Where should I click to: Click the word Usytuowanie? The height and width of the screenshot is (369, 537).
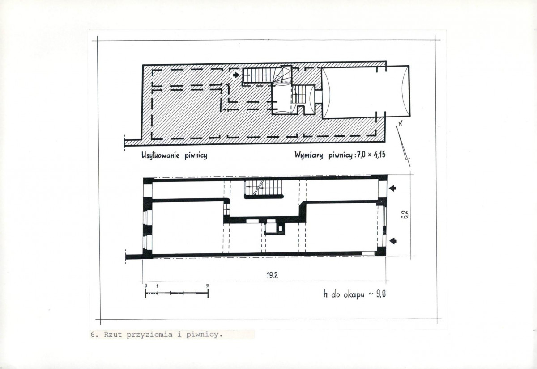pyautogui.click(x=160, y=155)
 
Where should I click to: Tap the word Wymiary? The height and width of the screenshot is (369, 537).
pyautogui.click(x=308, y=155)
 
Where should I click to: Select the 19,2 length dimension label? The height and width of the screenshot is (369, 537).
pyautogui.click(x=272, y=275)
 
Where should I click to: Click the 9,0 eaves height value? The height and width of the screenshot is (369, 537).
pyautogui.click(x=381, y=294)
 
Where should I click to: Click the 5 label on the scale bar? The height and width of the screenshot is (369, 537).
pyautogui.click(x=207, y=286)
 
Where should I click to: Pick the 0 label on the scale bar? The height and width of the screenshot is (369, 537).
pyautogui.click(x=145, y=286)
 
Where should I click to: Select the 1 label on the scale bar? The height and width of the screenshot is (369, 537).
pyautogui.click(x=158, y=286)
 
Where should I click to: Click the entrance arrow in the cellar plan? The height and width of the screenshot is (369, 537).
pyautogui.click(x=236, y=75)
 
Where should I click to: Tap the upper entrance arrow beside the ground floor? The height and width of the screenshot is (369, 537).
pyautogui.click(x=392, y=189)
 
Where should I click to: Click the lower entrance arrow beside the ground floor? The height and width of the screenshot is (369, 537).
pyautogui.click(x=392, y=241)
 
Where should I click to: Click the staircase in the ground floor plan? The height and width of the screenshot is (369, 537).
pyautogui.click(x=264, y=189)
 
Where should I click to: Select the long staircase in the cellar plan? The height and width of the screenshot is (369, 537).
pyautogui.click(x=261, y=75)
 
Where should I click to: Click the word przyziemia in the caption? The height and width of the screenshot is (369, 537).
pyautogui.click(x=149, y=335)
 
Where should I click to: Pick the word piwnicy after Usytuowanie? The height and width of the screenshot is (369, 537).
pyautogui.click(x=196, y=156)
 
